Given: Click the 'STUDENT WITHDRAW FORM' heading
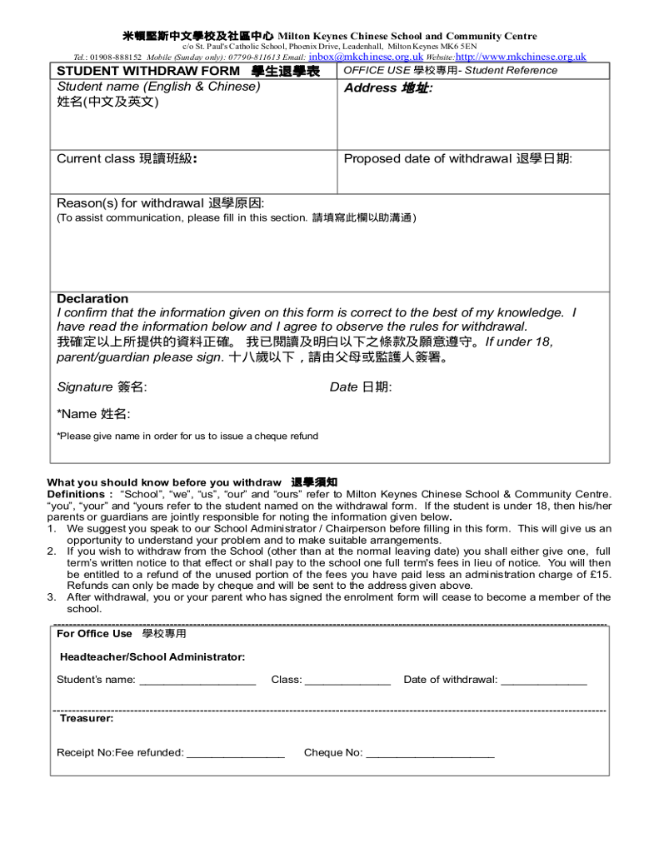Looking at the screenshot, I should (147, 71).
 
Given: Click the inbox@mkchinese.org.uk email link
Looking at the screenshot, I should (365, 57).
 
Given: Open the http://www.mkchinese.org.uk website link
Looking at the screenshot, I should (521, 57).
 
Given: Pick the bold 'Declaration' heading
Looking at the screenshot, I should (92, 298).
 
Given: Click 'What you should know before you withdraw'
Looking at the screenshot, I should (165, 482).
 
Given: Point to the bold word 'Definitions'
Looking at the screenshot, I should (76, 494).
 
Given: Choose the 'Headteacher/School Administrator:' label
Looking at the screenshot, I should (152, 656).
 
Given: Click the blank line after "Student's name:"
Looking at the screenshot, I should (197, 681).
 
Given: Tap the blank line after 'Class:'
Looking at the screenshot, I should (347, 681).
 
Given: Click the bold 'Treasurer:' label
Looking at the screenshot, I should (87, 717).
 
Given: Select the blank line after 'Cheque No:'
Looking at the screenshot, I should (430, 754).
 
